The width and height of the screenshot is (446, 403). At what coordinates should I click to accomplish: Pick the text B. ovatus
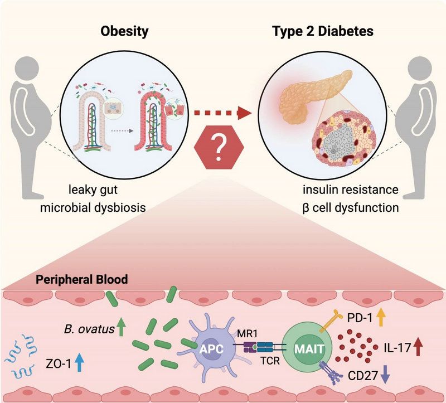pos(86,330)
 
